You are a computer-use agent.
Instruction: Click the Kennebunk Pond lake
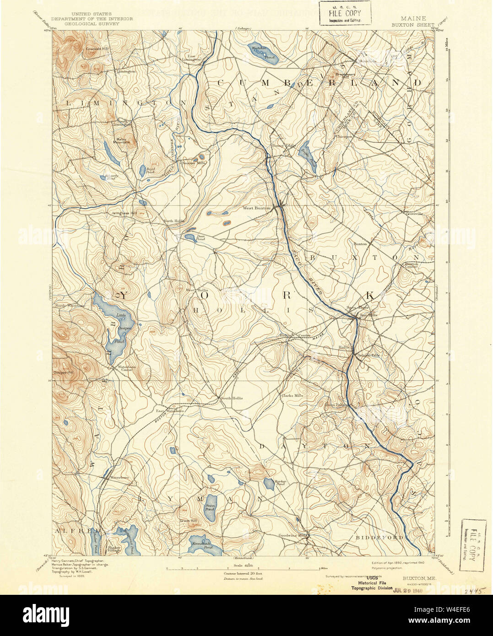202,544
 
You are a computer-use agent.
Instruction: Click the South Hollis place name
232,398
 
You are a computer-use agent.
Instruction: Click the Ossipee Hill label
65,373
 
